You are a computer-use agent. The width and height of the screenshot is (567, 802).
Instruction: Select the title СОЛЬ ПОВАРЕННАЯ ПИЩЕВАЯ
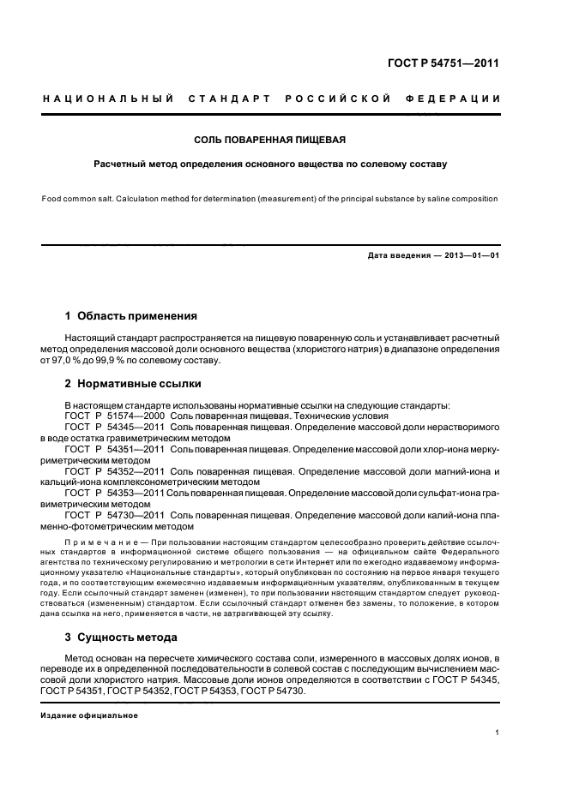click(x=270, y=140)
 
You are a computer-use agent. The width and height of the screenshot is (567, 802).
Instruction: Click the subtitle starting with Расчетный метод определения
click(x=270, y=162)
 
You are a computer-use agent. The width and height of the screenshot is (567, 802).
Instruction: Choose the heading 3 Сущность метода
click(x=121, y=637)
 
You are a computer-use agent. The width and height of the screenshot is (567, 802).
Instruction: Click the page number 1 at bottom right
click(x=498, y=733)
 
